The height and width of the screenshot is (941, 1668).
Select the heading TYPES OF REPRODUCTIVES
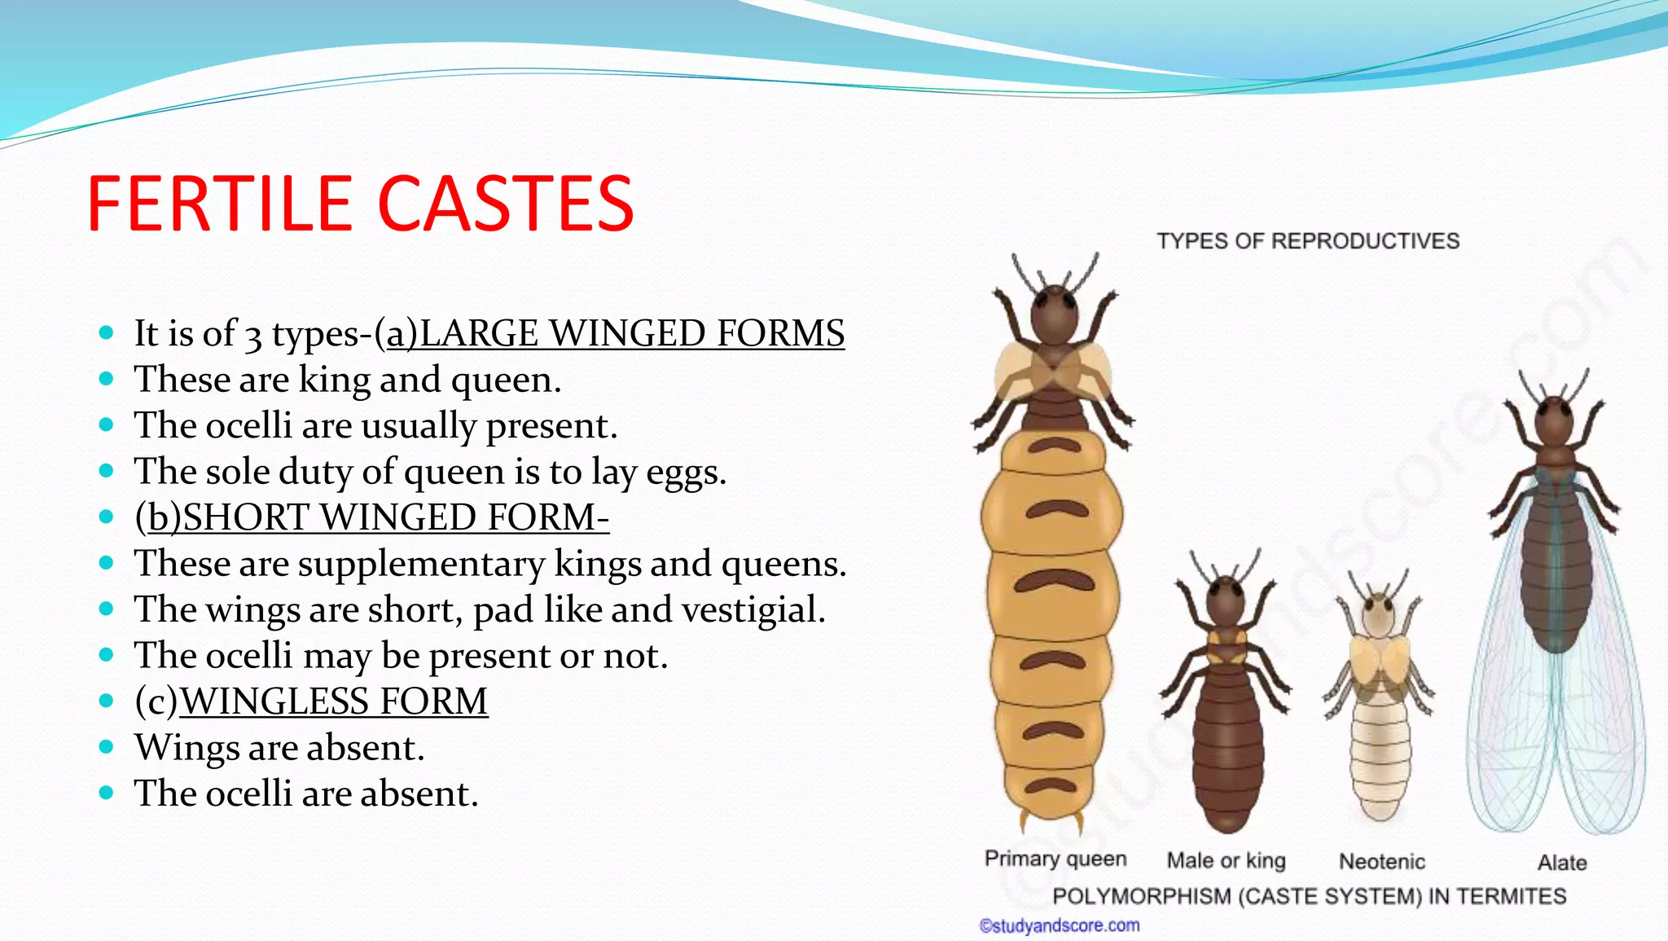(1307, 241)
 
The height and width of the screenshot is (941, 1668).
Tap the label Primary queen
(1055, 859)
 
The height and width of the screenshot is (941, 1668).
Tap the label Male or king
(1226, 860)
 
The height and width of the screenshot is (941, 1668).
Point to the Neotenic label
(1381, 861)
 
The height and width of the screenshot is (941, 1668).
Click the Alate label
(1561, 862)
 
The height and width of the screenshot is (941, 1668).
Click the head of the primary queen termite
(1055, 314)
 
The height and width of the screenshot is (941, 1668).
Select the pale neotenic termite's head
(1378, 615)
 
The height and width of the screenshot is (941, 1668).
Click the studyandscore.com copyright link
(1059, 926)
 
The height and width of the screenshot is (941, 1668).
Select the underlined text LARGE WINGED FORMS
(615, 334)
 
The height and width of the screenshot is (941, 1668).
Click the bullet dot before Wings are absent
(106, 746)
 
